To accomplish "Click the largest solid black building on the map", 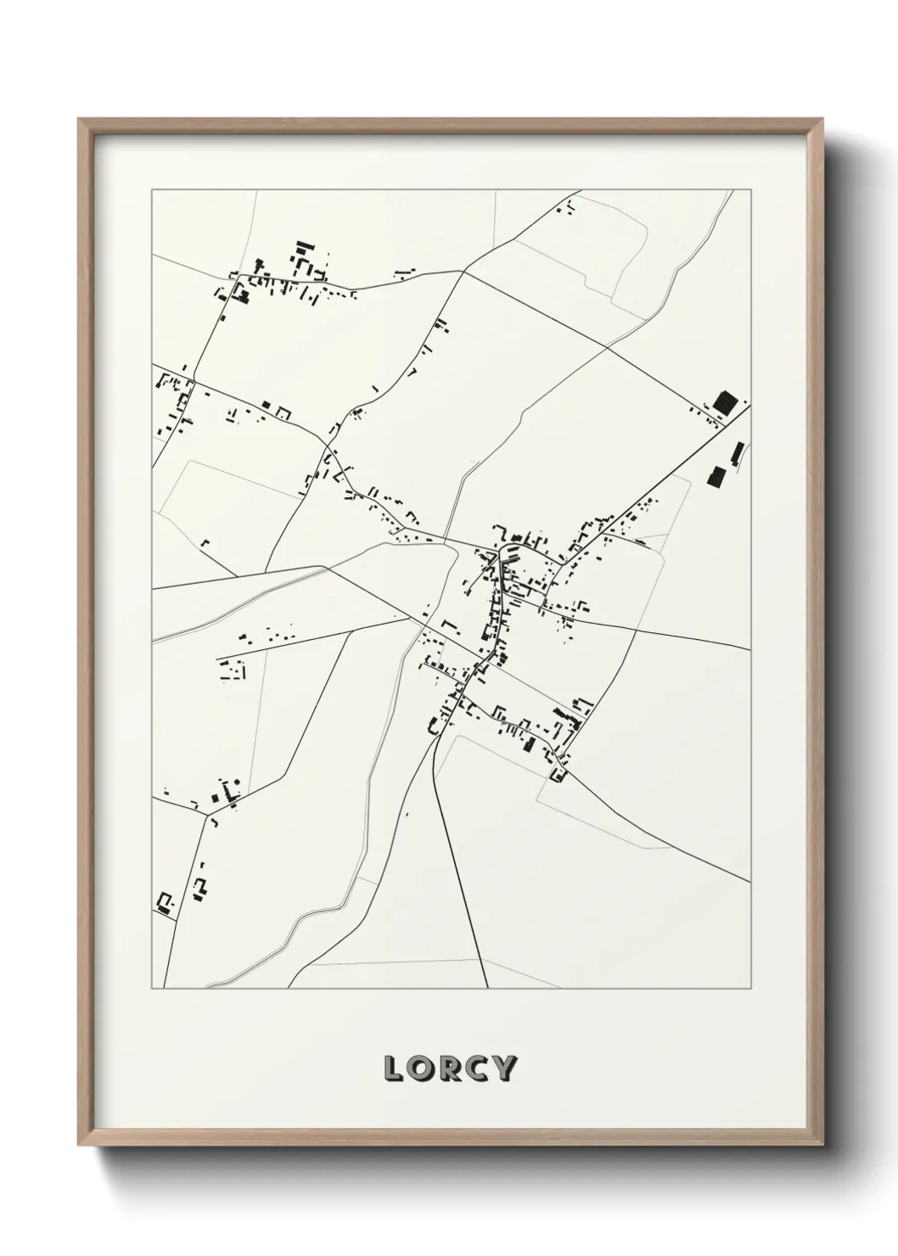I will [724, 401].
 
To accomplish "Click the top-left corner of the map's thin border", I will [152, 190].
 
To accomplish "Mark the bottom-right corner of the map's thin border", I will [750, 989].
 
